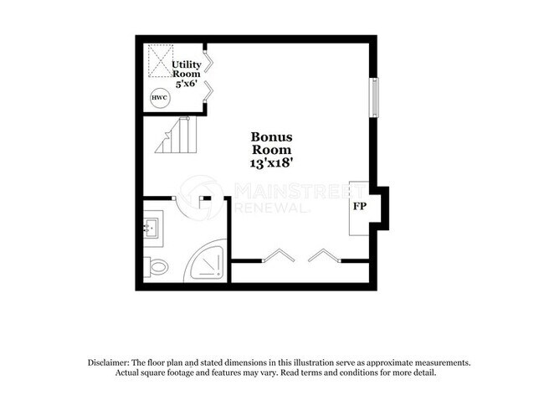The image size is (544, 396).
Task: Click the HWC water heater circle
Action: (x=159, y=99)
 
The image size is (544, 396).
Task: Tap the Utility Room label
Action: (x=187, y=69)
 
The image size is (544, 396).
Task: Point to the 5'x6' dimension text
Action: (x=186, y=85)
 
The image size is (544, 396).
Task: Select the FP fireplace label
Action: (x=359, y=205)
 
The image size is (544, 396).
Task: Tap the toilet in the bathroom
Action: (x=157, y=267)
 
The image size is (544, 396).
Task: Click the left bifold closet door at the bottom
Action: (x=278, y=255)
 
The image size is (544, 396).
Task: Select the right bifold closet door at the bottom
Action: (x=324, y=255)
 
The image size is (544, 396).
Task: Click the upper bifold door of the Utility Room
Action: (x=208, y=59)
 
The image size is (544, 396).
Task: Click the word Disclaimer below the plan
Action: (x=111, y=363)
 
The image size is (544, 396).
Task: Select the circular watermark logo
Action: (x=202, y=198)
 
